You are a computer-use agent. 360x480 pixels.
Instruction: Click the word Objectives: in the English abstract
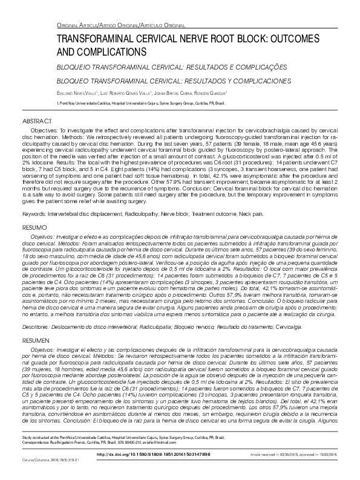click(x=44, y=131)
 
